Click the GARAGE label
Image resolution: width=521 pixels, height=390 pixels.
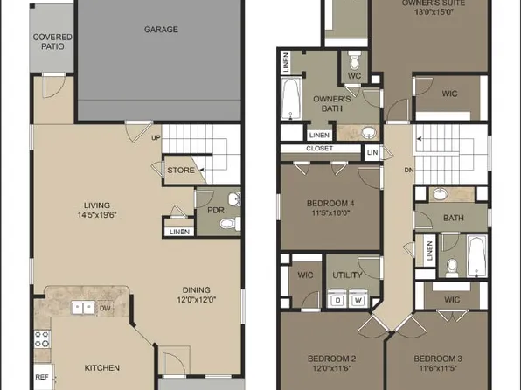161,30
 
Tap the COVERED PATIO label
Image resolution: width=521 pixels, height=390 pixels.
52,43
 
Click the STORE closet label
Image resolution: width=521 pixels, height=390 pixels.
181,170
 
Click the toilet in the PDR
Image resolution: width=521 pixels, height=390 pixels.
227,224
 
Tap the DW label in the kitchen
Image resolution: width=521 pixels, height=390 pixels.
105,308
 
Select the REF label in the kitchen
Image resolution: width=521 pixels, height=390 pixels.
41,378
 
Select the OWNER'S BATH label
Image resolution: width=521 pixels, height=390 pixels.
332,104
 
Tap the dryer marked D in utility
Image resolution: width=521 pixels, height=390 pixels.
338,300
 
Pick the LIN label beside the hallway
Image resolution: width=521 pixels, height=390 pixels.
372,153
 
